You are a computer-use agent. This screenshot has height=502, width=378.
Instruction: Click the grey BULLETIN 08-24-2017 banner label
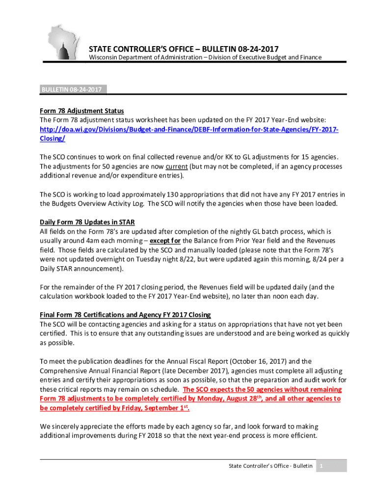[72, 90]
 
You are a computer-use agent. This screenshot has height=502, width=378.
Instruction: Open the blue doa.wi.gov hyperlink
[189, 129]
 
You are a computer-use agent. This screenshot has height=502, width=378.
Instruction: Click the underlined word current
[180, 166]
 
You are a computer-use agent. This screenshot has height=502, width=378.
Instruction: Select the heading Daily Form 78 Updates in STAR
[87, 222]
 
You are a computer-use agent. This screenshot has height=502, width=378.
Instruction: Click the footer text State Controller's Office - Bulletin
[270, 466]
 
